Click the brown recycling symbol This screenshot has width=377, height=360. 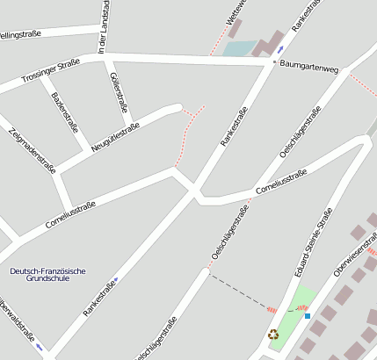coord(273,334)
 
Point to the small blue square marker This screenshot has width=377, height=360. coord(308,316)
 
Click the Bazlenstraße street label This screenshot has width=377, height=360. coord(65,112)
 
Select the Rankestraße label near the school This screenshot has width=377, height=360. coord(99,297)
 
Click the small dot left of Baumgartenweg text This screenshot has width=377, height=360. coord(274,63)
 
